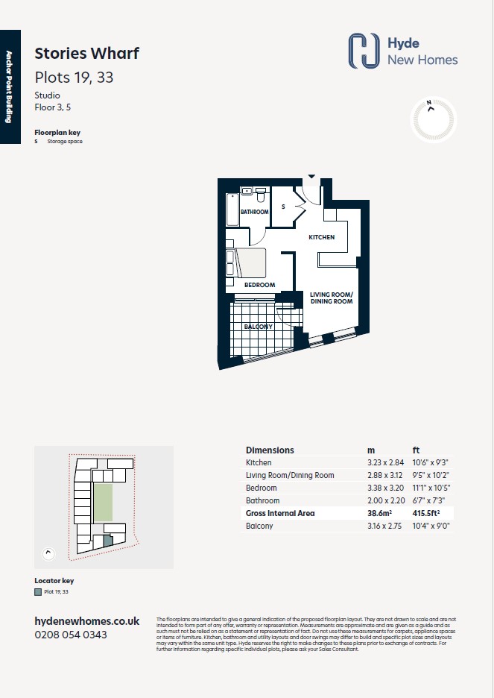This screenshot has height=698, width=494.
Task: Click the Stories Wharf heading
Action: [x=86, y=54]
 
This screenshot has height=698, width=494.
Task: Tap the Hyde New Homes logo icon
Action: [x=364, y=51]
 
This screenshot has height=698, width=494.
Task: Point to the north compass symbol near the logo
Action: [x=433, y=119]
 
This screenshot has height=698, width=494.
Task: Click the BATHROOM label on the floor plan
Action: [x=254, y=212]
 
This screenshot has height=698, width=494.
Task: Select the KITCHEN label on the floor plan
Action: [x=321, y=237]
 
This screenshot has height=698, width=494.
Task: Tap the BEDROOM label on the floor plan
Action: [x=260, y=285]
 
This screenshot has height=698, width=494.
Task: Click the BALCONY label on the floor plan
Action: [x=259, y=327]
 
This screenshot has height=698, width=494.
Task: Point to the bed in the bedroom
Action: [x=250, y=263]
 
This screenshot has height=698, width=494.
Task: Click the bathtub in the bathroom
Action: [x=232, y=210]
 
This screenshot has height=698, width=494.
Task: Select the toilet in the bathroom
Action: [x=261, y=195]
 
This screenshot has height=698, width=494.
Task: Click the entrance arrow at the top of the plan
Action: [x=311, y=177]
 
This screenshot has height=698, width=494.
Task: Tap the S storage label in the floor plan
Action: [x=283, y=207]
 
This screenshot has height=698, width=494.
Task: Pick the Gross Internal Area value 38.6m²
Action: [x=379, y=513]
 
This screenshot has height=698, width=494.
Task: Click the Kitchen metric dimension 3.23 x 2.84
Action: [x=385, y=462]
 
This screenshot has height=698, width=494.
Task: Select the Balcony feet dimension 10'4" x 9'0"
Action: [x=431, y=526]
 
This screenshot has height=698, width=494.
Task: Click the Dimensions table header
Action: [x=270, y=450]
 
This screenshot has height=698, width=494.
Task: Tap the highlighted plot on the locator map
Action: [x=108, y=541]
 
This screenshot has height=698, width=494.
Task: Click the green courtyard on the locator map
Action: [x=103, y=503]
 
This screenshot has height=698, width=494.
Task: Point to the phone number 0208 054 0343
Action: [x=71, y=635]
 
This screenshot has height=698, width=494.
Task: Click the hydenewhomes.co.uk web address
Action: [x=87, y=621]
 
